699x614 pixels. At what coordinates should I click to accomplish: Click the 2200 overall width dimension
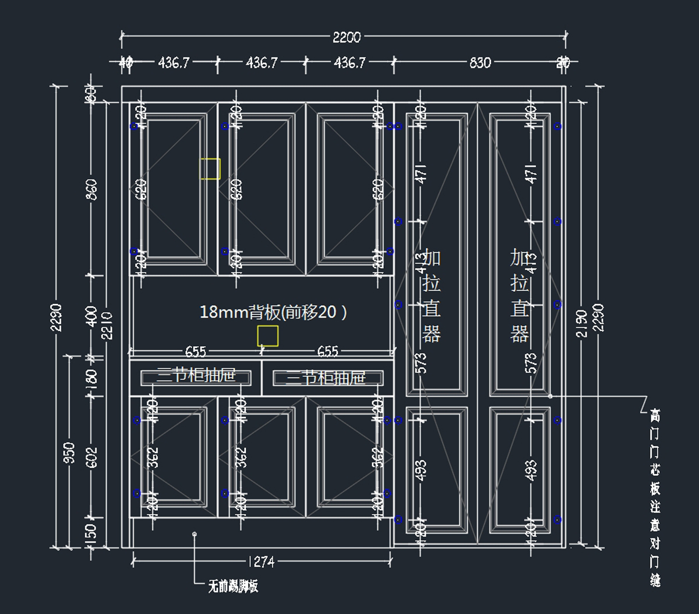click(x=347, y=37)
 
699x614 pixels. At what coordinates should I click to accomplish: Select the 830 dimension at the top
click(x=480, y=62)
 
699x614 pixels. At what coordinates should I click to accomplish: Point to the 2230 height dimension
click(x=56, y=317)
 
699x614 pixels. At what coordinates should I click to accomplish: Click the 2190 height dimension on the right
click(x=581, y=323)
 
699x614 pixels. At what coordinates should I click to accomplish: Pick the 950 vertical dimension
click(x=69, y=453)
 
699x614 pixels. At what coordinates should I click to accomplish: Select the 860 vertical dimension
click(x=91, y=189)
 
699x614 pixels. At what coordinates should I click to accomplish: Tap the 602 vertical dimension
click(x=91, y=457)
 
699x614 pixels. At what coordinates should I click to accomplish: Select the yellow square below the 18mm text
click(x=268, y=336)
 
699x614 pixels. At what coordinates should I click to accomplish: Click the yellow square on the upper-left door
click(x=210, y=169)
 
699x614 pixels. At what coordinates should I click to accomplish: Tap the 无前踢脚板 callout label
click(x=233, y=586)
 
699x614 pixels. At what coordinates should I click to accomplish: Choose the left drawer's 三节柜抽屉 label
click(x=196, y=376)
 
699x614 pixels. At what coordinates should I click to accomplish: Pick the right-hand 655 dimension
click(x=327, y=351)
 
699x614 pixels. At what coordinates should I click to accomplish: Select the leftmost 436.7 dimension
click(x=174, y=62)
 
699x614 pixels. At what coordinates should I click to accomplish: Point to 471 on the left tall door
click(x=421, y=173)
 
